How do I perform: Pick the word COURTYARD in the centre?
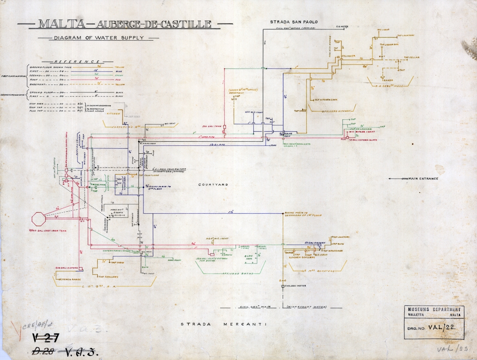[x=214, y=184]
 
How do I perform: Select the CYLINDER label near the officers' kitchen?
[x=349, y=56]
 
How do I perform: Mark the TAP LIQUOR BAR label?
[x=390, y=44]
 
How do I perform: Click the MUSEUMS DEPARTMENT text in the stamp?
[x=434, y=309]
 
